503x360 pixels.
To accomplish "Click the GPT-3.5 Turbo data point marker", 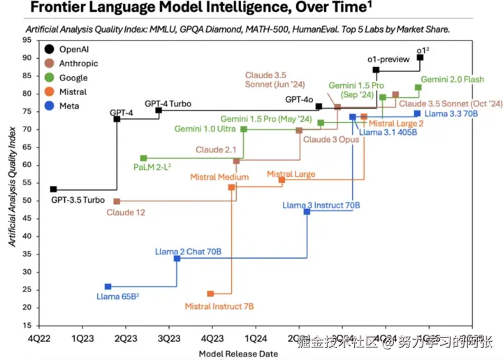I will (54, 189).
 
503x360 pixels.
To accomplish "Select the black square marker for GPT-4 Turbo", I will (159, 110).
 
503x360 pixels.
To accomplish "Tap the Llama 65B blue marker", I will (108, 287).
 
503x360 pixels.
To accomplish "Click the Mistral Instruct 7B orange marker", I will (210, 294).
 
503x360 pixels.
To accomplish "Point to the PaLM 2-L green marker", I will (143, 158).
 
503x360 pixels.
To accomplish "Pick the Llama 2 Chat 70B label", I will (188, 251).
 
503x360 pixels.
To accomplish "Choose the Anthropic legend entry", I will (78, 64).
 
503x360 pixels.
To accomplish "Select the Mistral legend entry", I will (72, 92).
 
